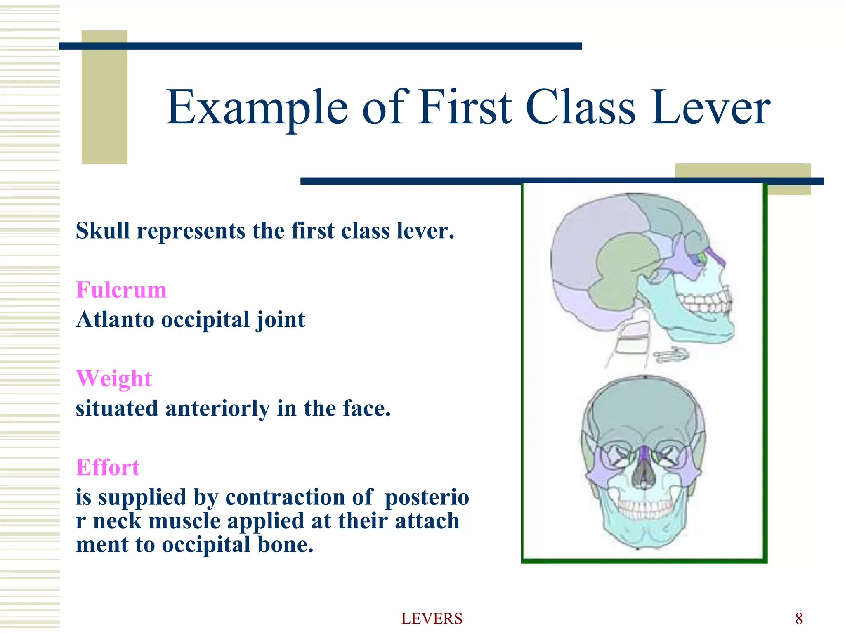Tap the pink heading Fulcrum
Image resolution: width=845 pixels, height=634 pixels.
(x=121, y=290)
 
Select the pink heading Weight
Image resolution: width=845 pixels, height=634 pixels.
(x=114, y=379)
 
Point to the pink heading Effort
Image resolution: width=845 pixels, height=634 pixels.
(x=108, y=467)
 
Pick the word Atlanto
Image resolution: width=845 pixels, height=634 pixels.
(x=115, y=319)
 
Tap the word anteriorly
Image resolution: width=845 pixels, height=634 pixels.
(x=217, y=408)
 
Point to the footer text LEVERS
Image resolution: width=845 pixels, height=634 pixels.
(x=432, y=619)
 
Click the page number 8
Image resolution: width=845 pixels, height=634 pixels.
(x=799, y=619)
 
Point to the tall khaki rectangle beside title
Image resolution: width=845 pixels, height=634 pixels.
(x=104, y=97)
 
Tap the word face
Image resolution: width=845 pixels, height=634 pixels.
(x=366, y=408)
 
